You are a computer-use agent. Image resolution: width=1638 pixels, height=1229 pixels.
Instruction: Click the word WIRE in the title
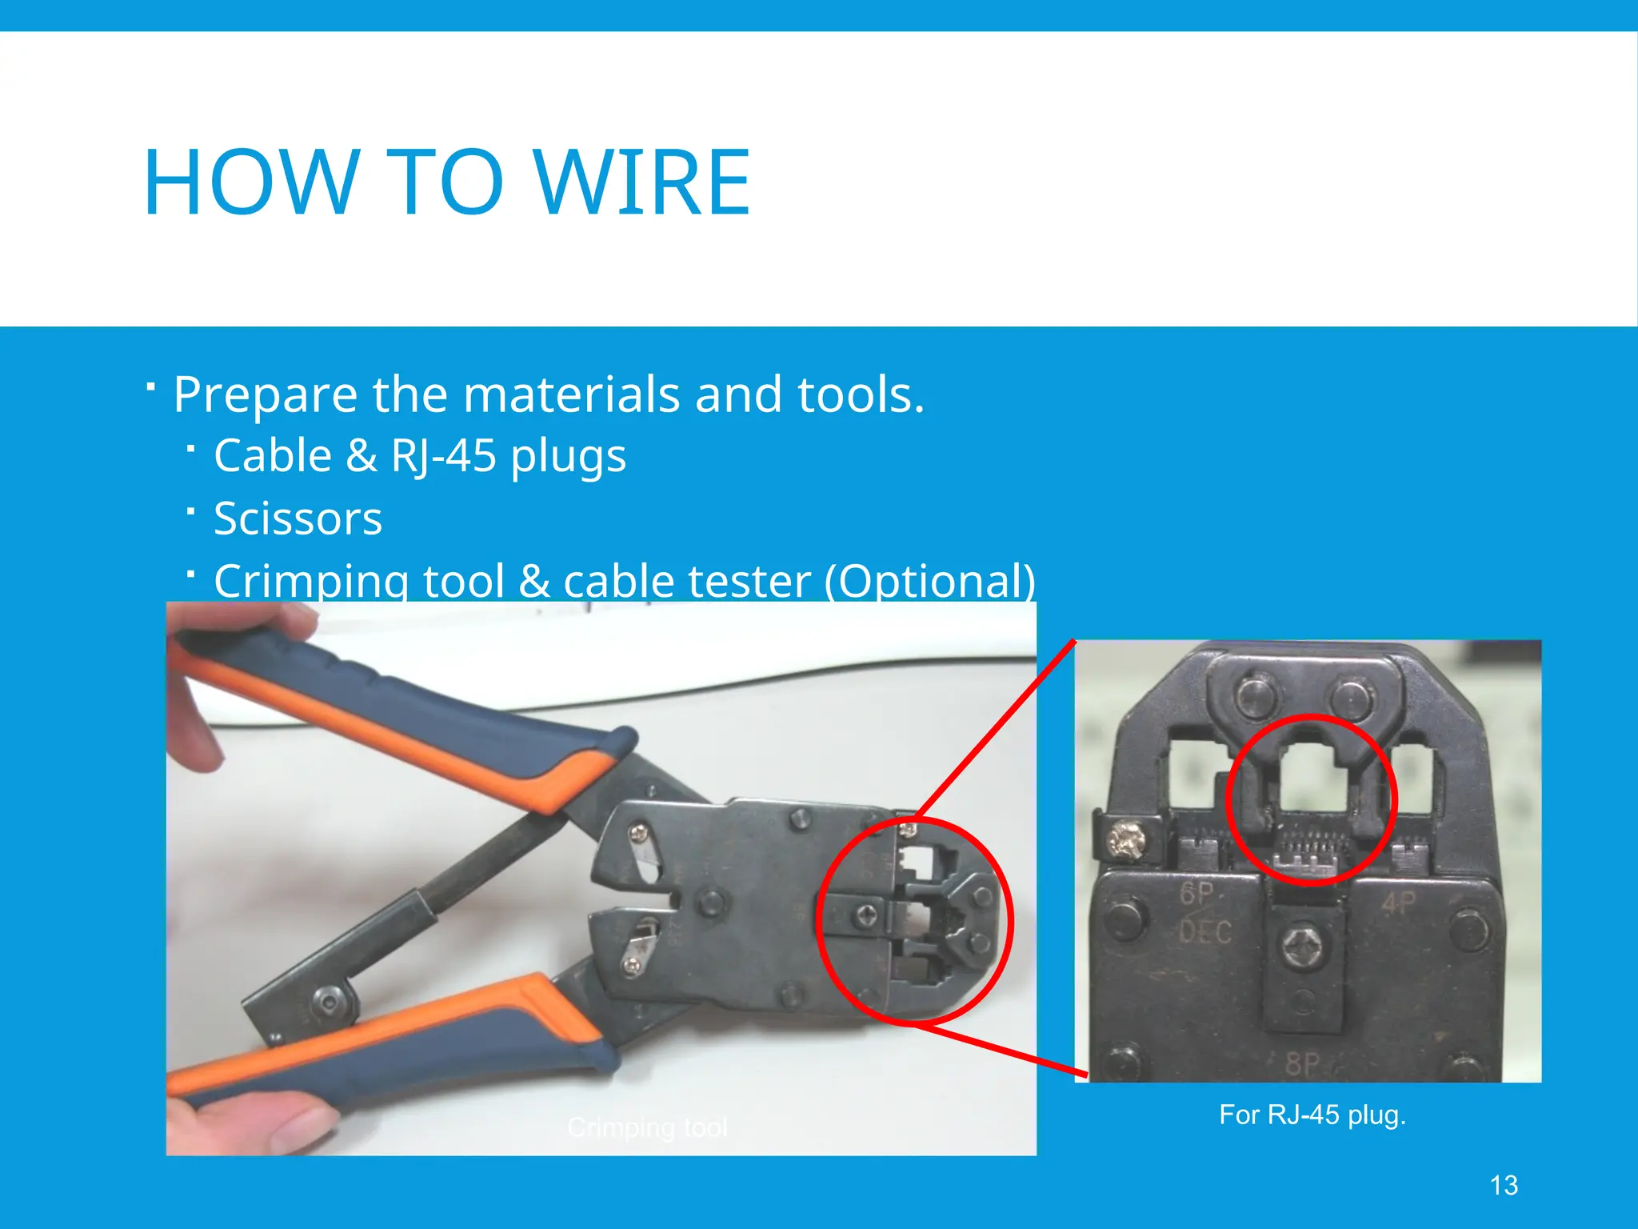coord(641,183)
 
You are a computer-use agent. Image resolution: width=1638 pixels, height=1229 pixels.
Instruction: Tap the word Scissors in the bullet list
coord(298,518)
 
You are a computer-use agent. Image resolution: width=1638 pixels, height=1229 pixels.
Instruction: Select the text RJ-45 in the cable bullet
coord(444,456)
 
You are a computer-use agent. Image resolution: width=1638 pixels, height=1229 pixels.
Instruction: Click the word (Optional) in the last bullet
coord(930,581)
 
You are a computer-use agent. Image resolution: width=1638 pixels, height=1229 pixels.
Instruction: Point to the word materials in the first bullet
coord(573,394)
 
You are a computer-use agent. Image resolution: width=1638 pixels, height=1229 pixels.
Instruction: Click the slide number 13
coord(1504,1185)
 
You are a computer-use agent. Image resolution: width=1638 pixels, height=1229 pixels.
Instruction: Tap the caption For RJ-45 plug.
coord(1312,1115)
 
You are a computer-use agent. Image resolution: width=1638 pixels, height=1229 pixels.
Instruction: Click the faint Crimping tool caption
coord(647,1127)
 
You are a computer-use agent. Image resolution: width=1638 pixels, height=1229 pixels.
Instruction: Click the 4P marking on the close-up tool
coord(1399,904)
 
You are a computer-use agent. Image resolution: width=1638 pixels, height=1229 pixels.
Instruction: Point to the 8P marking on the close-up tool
coord(1302,1063)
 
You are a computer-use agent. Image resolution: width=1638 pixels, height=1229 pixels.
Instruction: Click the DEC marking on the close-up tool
coord(1205,932)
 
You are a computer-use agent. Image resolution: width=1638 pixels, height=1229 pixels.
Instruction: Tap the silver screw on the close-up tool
coord(1126,840)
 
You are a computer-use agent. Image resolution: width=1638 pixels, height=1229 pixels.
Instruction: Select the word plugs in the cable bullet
coord(568,456)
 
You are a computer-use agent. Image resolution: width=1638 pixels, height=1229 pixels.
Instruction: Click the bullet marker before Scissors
coord(190,510)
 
